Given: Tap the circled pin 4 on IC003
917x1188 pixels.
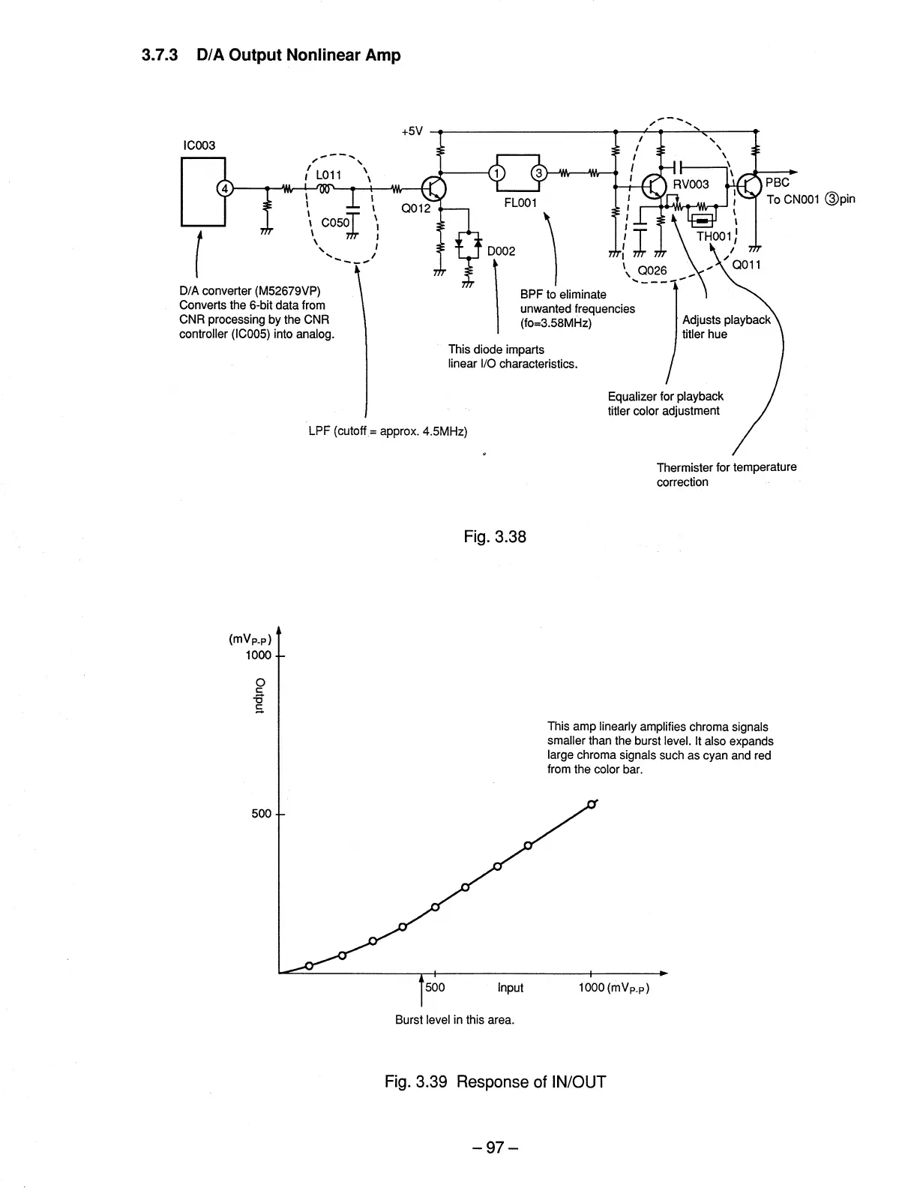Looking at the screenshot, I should (223, 188).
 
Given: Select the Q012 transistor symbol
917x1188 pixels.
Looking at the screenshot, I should (434, 187).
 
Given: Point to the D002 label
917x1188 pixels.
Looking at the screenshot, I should (501, 251).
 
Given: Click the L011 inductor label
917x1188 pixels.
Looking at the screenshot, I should (328, 175).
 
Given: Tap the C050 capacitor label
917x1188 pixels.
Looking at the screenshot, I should (335, 223).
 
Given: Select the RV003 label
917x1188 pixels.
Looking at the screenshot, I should (691, 184).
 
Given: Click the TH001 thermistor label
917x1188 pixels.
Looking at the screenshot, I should (712, 236).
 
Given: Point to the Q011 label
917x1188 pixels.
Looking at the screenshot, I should (747, 265).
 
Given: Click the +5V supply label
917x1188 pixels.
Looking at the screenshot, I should (412, 131).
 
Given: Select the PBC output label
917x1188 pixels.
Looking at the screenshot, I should (777, 183).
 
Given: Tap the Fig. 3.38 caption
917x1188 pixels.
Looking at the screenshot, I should (496, 536).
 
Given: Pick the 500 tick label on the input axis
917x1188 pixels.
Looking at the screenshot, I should (435, 987).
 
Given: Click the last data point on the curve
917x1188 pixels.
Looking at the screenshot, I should (592, 804).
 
